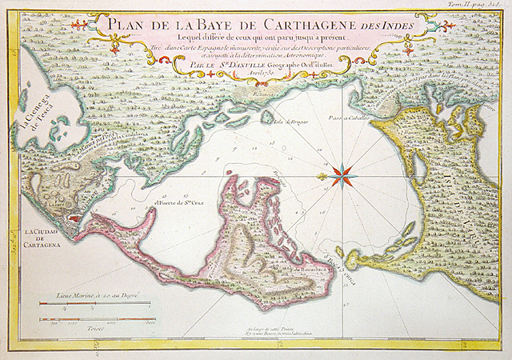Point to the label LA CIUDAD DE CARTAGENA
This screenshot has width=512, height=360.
(x=42, y=238)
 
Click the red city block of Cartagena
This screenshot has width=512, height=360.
(x=75, y=217)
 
